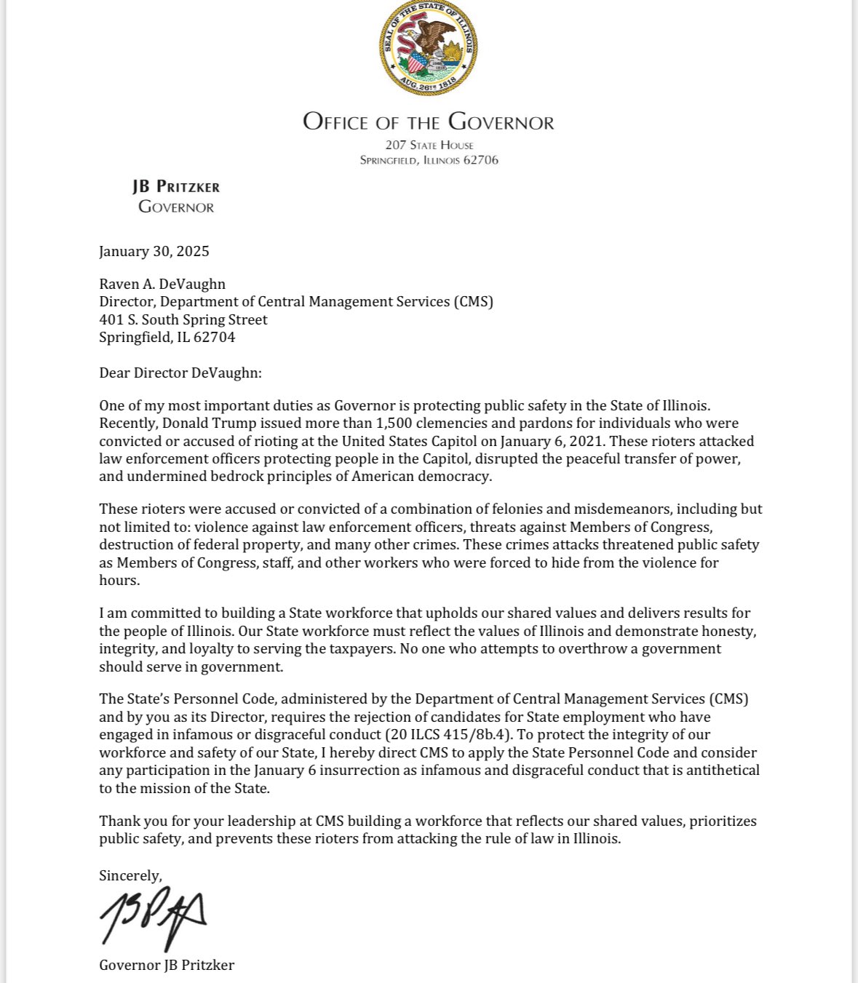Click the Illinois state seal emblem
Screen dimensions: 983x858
pos(429,47)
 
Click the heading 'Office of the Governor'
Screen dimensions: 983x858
pos(429,122)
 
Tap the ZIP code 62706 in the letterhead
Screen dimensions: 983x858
pos(480,160)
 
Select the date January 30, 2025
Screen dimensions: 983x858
pos(154,252)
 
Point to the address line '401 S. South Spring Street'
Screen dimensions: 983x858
pos(183,320)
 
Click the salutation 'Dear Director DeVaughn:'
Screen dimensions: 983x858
pos(180,373)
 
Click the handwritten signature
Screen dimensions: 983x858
pos(153,917)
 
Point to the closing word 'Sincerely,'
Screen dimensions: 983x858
pos(131,876)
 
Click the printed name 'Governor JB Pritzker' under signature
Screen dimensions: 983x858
pos(167,966)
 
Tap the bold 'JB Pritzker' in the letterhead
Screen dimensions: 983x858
pos(176,187)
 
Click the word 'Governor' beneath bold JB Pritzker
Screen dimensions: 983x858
pos(176,207)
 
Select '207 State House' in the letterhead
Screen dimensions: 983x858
pos(429,145)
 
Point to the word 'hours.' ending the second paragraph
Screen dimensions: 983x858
pos(119,581)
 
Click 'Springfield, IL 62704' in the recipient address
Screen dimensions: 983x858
pos(167,338)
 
